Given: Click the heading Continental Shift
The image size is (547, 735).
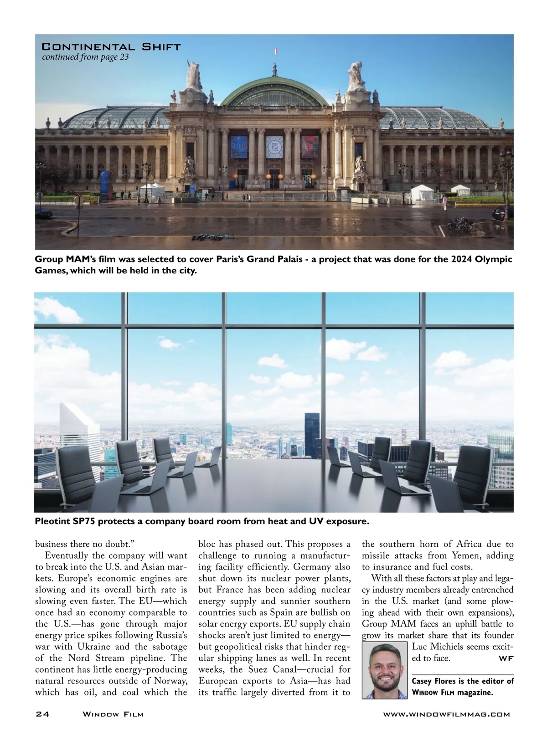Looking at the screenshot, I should pos(111,47).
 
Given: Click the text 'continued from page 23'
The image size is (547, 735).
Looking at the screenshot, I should pos(85,57).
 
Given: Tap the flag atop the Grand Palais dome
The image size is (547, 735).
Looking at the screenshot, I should pos(275,51).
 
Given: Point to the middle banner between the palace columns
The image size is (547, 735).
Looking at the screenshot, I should pos(274,146).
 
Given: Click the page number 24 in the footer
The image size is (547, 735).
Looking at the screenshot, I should pos(42,714).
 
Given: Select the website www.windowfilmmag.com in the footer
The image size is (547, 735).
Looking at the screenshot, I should pos(446,714).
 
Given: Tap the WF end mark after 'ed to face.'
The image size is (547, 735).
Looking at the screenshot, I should pos(506,658).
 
